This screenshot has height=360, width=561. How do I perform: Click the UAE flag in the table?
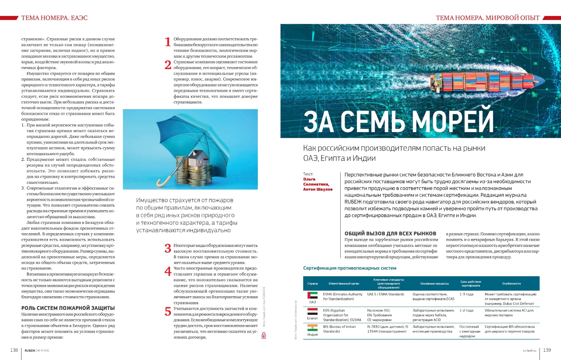312,295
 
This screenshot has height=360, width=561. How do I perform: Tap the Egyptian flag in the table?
312,311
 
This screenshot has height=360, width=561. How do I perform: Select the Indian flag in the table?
312,328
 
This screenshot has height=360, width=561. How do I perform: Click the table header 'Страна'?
312,284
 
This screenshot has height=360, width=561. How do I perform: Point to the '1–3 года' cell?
466,294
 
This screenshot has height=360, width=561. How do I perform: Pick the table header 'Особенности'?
511,284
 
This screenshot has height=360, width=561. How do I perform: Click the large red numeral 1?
168,42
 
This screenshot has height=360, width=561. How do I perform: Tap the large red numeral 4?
168,272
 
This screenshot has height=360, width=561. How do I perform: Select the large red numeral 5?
168,312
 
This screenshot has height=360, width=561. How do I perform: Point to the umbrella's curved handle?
162,182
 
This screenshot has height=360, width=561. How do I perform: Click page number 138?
14,350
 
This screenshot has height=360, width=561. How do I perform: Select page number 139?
547,350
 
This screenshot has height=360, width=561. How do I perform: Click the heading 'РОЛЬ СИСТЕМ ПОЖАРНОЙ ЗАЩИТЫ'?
68,308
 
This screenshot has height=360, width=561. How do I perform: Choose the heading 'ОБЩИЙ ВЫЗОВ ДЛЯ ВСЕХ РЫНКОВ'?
390,234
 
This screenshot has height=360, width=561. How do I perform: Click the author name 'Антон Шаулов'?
318,189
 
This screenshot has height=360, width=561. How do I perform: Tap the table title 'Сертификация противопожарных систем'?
350,268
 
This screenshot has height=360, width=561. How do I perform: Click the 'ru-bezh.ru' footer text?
529,351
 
